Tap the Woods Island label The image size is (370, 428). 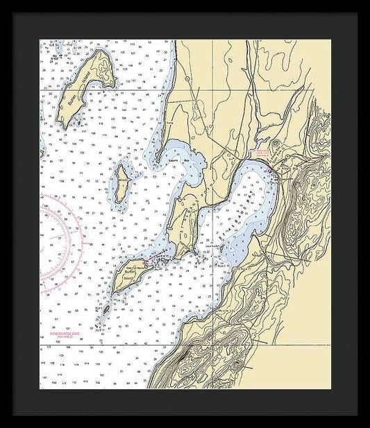(122, 182)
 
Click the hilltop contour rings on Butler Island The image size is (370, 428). (101, 67)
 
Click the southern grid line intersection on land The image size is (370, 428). (212, 345)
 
